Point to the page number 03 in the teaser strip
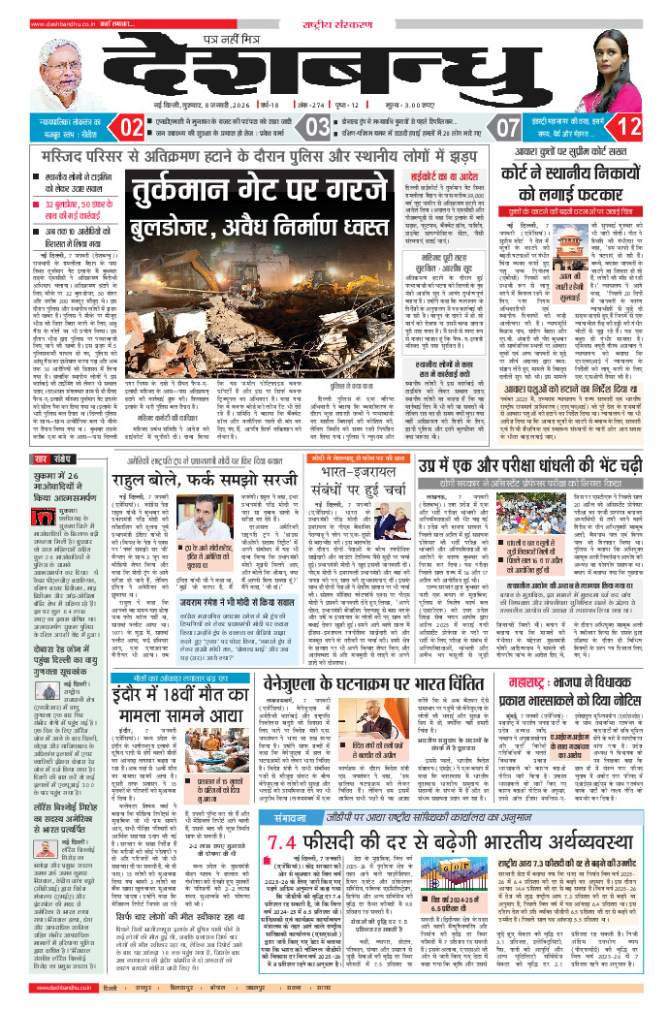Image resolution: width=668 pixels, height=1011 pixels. pos(317,127)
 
